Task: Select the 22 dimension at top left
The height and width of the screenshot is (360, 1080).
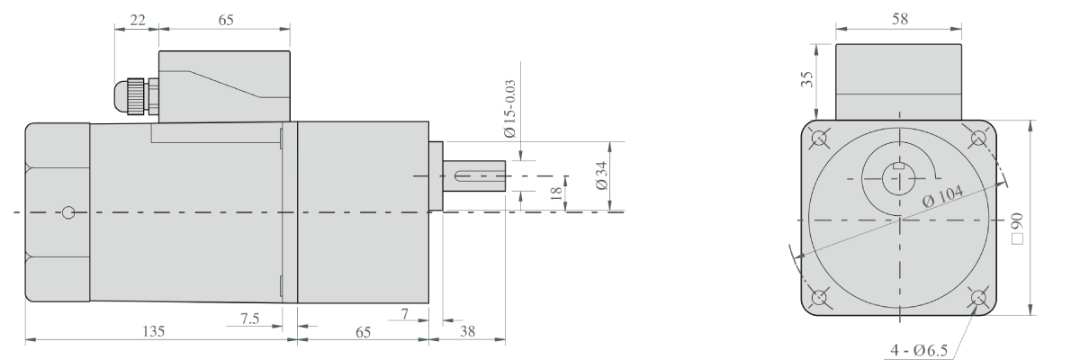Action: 137,21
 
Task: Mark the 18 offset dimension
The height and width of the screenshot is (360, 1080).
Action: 554,192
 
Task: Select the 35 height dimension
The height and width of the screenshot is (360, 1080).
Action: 808,81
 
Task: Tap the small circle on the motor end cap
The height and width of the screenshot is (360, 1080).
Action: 69,213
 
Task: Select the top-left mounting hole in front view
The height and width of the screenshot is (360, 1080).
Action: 820,139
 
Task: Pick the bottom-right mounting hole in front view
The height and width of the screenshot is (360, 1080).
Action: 979,298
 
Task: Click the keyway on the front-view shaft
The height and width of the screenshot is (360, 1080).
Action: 897,166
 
